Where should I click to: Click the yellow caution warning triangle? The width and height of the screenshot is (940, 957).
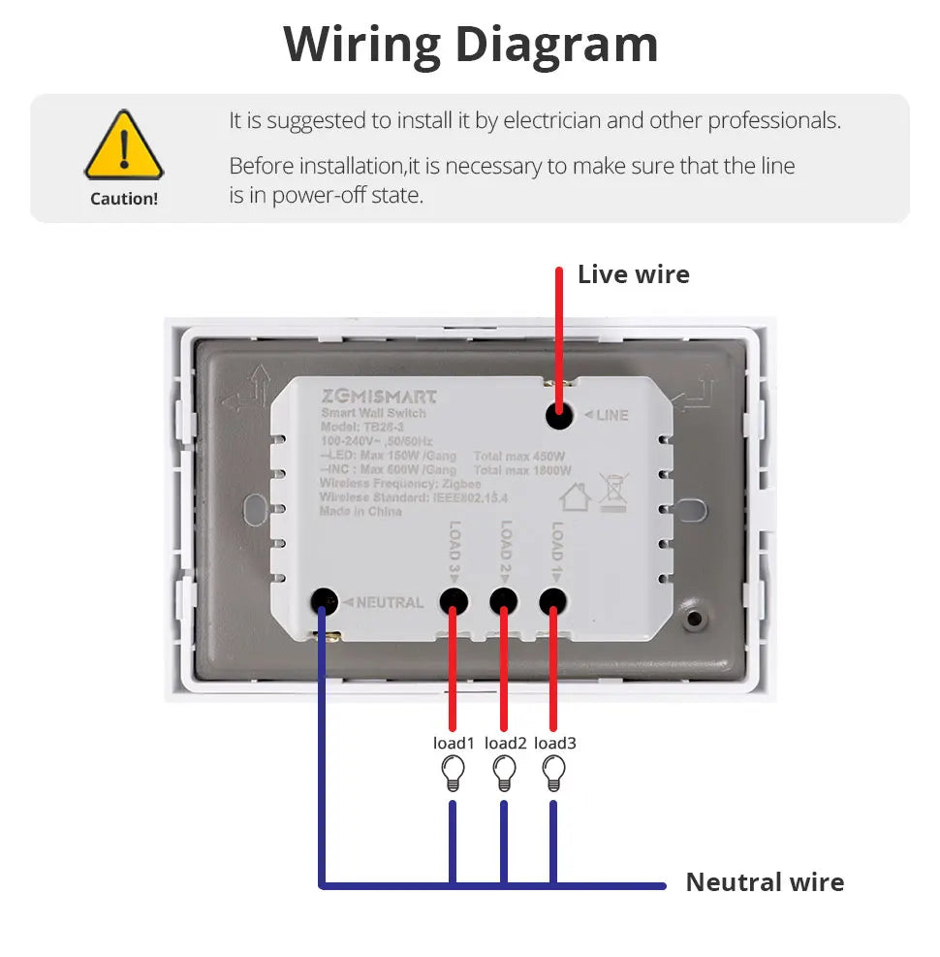[x=123, y=147]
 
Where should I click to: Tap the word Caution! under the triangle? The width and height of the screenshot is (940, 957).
[x=123, y=199]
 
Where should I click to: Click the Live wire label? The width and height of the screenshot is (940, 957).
[x=633, y=274]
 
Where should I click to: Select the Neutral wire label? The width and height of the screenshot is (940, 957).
[x=765, y=882]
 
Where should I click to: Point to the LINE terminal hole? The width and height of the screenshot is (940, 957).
[x=558, y=415]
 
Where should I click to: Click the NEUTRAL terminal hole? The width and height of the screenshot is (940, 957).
[x=322, y=601]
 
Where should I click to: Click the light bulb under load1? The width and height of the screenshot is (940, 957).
[x=452, y=773]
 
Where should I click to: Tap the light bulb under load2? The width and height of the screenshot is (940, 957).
[x=503, y=773]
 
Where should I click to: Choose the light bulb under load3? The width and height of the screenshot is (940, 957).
[x=553, y=773]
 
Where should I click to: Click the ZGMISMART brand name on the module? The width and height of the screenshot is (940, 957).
[x=379, y=397]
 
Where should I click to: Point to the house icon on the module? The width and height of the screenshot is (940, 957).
[x=576, y=496]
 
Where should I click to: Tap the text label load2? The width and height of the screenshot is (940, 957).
[x=505, y=743]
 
